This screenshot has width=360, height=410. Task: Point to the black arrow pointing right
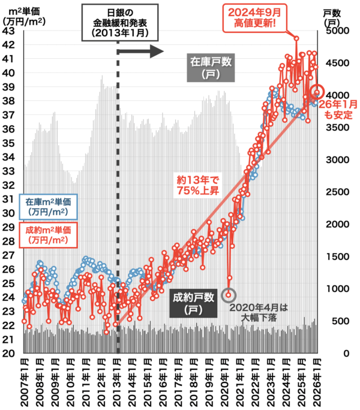click(141, 52)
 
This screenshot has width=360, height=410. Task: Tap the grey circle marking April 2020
click(229, 295)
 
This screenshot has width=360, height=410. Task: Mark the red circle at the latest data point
click(318, 93)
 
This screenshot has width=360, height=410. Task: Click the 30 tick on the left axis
click(9, 213)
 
